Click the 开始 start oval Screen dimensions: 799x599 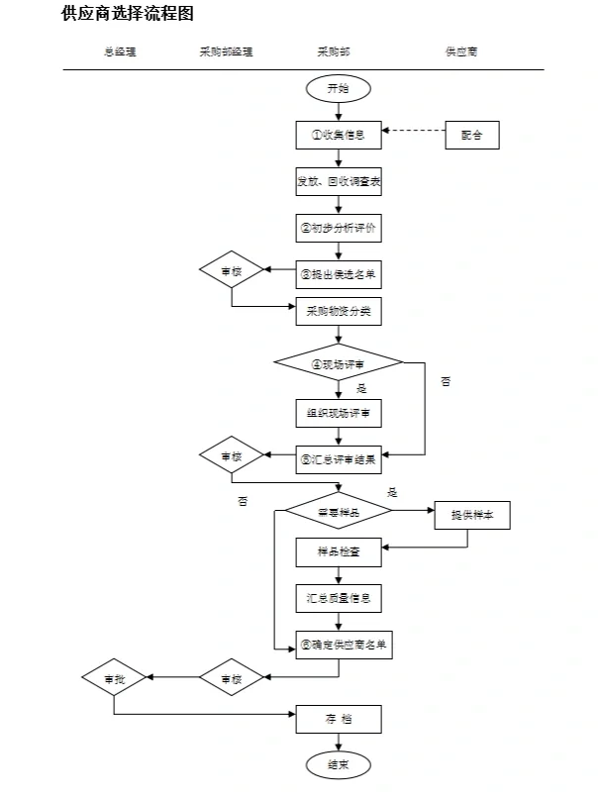pos(338,89)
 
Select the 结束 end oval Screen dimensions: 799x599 pos(338,764)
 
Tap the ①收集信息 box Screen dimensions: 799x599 pos(339,135)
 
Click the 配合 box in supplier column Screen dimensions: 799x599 pos(472,135)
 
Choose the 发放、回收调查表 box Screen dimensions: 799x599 pos(339,182)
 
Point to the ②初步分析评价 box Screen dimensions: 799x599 pos(339,228)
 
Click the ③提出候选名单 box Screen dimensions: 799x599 pos(339,274)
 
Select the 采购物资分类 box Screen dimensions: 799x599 pos(339,311)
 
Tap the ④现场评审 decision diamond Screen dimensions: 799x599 pos(339,362)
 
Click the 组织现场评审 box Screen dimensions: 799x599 pos(339,412)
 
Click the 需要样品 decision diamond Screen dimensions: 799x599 pos(339,512)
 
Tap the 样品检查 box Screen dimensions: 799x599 pos(339,551)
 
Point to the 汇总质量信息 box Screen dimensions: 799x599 pos(339,598)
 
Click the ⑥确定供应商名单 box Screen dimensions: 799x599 pos(339,645)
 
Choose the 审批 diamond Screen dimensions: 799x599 pos(115,679)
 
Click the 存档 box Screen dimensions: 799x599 pos(339,718)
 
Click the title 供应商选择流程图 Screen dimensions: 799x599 pos(127,14)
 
